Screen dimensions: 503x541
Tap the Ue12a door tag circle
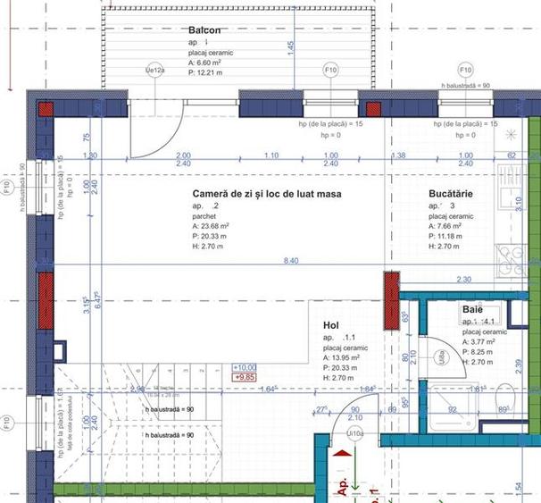pyautogui.click(x=154, y=70)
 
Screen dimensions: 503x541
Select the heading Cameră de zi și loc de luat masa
pyautogui.click(x=267, y=193)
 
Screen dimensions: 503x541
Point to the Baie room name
pyautogui.click(x=472, y=309)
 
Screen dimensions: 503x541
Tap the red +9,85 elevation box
pyautogui.click(x=243, y=378)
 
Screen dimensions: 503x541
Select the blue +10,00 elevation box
pyautogui.click(x=244, y=367)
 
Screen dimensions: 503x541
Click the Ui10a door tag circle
pyautogui.click(x=355, y=434)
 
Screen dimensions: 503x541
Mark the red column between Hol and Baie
pyautogui.click(x=390, y=299)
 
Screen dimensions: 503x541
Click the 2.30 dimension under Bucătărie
pyautogui.click(x=463, y=280)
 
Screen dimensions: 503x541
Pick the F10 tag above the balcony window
pyautogui.click(x=330, y=70)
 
